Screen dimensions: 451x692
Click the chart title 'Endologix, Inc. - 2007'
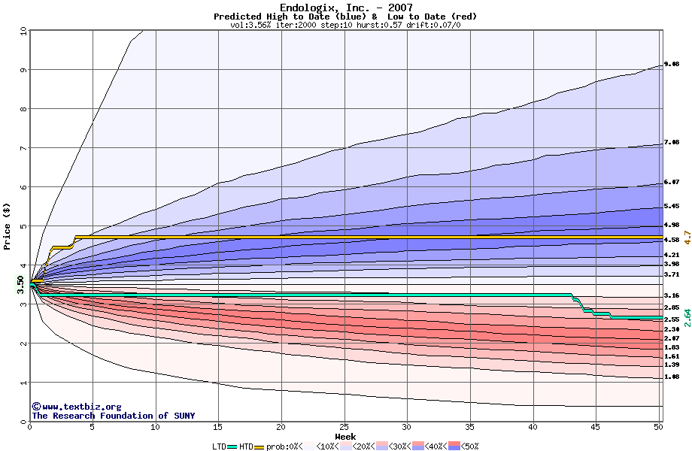346,8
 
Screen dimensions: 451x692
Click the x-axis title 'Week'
345,437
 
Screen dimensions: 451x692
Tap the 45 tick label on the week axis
596,427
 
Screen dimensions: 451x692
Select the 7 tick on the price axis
23,148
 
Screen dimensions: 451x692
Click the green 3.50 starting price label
21,284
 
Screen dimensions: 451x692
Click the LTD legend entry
220,446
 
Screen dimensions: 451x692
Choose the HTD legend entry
246,446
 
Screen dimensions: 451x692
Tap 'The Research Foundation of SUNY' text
113,416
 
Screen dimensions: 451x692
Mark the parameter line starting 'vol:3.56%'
345,25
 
